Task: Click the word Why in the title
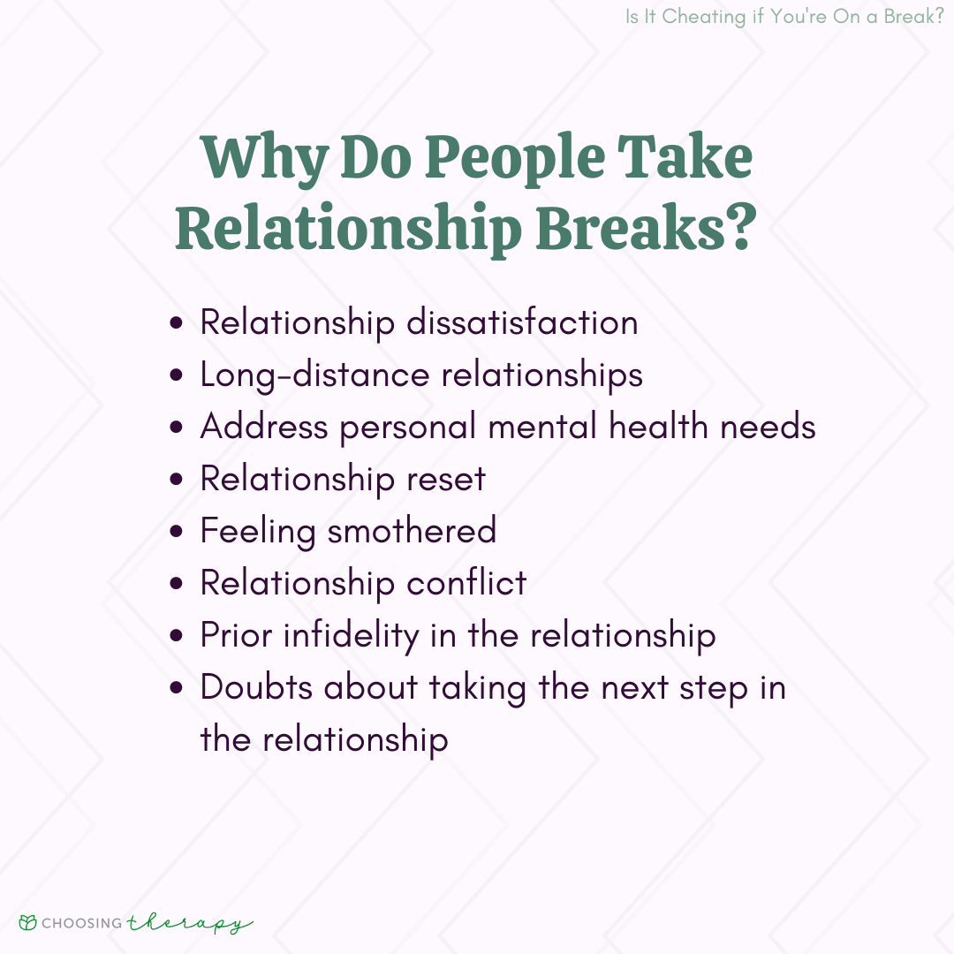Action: click(x=265, y=159)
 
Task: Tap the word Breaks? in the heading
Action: click(x=646, y=228)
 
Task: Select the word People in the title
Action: click(x=515, y=159)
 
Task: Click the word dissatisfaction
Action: click(x=522, y=322)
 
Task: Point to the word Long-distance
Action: click(x=315, y=375)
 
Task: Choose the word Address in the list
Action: click(x=264, y=427)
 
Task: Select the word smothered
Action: click(x=412, y=530)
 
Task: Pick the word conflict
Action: click(x=466, y=583)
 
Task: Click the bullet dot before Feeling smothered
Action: click(x=177, y=531)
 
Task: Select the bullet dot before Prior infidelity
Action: click(x=177, y=636)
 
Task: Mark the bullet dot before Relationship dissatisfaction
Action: click(x=177, y=322)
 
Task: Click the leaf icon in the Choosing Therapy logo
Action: click(x=28, y=923)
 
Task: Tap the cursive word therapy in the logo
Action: click(x=190, y=924)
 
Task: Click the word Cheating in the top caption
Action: click(x=704, y=17)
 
